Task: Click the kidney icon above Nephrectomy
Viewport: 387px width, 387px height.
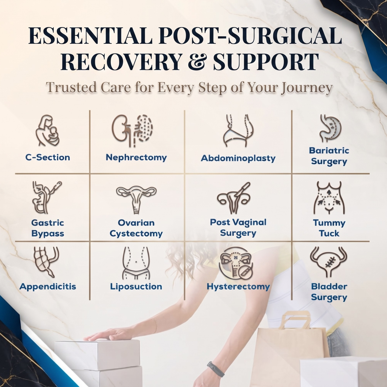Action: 132,131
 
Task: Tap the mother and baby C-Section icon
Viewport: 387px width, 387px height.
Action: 48,130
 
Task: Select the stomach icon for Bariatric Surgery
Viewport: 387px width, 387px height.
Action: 330,129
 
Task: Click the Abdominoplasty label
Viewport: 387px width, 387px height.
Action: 238,158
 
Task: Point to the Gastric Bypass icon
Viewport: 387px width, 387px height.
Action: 46,197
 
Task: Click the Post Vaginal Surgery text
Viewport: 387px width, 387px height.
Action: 238,228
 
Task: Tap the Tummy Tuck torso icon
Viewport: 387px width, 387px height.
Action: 329,198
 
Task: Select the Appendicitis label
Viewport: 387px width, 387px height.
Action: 48,286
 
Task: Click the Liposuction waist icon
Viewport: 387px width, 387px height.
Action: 136,263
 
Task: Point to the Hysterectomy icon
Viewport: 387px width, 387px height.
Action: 236,263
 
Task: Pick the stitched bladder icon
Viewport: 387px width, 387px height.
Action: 329,262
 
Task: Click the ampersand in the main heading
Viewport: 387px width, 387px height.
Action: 197,62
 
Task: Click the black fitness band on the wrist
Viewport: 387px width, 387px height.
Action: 215,369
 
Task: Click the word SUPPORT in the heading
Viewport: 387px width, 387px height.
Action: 266,62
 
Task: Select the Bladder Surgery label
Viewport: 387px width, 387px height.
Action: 329,292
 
